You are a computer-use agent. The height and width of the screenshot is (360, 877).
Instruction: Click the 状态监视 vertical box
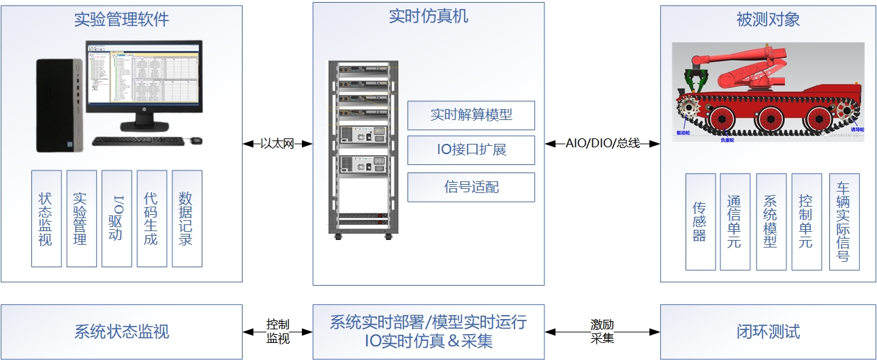(46, 218)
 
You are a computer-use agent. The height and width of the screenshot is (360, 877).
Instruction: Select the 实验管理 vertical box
(82, 218)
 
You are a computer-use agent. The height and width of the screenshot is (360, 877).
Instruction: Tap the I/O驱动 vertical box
(117, 218)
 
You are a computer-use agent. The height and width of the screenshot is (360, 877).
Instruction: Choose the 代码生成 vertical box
(152, 218)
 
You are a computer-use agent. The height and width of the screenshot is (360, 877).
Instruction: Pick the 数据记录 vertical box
(187, 218)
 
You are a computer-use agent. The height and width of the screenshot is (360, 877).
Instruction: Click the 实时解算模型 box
(471, 115)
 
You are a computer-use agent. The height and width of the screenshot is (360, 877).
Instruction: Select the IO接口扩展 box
(471, 150)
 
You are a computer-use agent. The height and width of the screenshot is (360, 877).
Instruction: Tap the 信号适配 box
(471, 187)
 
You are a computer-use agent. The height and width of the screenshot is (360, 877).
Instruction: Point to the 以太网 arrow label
(277, 144)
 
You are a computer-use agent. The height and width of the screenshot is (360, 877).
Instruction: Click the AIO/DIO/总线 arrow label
(602, 144)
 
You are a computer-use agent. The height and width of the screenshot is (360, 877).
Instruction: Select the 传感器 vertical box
(701, 222)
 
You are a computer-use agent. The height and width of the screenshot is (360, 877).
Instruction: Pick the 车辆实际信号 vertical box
(844, 222)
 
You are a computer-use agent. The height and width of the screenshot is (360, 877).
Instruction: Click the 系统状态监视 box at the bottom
(121, 332)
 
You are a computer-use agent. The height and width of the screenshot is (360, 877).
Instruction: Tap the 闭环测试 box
(768, 332)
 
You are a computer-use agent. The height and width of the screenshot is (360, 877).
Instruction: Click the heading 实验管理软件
(121, 20)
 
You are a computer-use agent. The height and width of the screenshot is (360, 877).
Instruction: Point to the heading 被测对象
(768, 20)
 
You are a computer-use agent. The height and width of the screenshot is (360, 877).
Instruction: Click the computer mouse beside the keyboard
(196, 140)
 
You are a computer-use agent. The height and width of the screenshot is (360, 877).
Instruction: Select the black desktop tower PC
(59, 105)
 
